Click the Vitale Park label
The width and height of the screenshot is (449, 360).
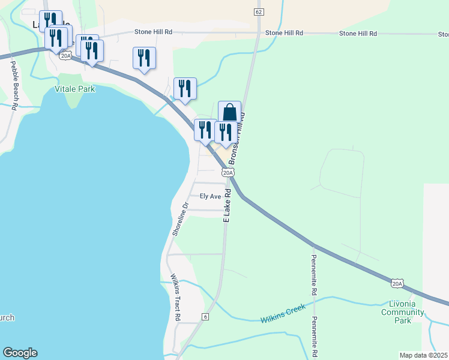click(75, 89)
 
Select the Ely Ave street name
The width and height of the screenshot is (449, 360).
click(211, 196)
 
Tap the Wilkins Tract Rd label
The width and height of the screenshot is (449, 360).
click(175, 297)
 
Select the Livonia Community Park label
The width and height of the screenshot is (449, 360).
click(403, 312)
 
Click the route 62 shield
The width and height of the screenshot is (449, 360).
click(259, 12)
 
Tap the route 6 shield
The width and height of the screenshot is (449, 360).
click(205, 316)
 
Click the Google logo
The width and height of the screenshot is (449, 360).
click(20, 353)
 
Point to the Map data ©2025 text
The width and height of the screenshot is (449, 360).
click(424, 355)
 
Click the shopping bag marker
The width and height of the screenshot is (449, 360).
click(229, 112)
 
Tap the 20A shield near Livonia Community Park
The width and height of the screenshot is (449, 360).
click(397, 283)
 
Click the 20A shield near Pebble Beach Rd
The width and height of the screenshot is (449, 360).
click(65, 55)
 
